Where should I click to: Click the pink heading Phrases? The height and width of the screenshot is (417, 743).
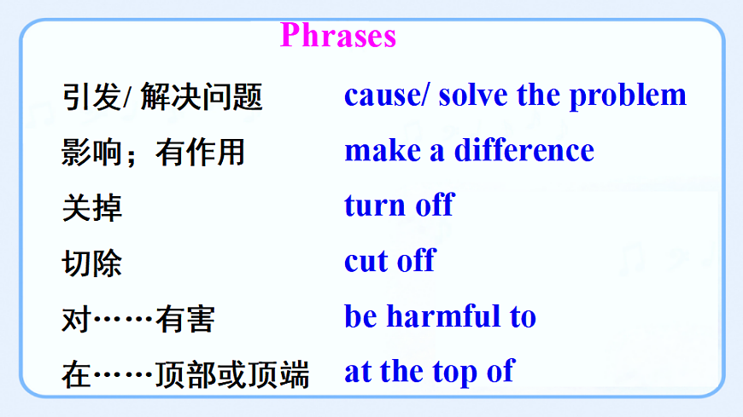pyautogui.click(x=338, y=36)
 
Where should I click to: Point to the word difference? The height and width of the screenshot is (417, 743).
pyautogui.click(x=524, y=150)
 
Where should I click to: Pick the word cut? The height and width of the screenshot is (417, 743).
pyautogui.click(x=366, y=261)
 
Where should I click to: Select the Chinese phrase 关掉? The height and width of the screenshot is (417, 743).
pyautogui.click(x=92, y=207)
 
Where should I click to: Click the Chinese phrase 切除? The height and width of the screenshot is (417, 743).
pyautogui.click(x=92, y=263)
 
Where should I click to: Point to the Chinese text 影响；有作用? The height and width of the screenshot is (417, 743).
pyautogui.click(x=154, y=153)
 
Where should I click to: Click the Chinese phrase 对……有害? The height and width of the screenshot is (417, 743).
pyautogui.click(x=138, y=319)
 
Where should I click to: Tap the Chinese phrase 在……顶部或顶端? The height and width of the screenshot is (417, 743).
pyautogui.click(x=185, y=374)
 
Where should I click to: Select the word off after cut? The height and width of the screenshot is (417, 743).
pyautogui.click(x=416, y=261)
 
